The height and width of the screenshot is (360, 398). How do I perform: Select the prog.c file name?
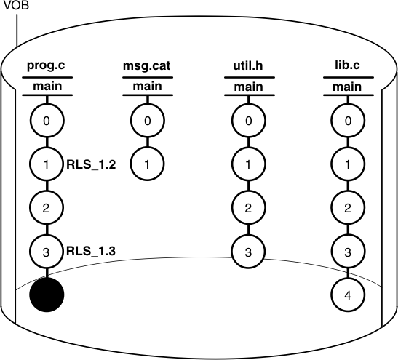(46, 68)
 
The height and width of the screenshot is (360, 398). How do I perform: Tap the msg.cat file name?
(147, 68)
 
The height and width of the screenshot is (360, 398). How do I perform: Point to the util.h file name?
(248, 68)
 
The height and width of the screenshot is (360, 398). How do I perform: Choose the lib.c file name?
(349, 68)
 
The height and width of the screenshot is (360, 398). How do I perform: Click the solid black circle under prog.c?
(47, 295)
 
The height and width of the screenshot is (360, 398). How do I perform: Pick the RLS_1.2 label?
(91, 164)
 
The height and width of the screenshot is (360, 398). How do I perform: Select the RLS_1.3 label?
(91, 252)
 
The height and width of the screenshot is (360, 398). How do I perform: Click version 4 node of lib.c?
(349, 295)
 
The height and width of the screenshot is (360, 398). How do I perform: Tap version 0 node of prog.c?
(47, 121)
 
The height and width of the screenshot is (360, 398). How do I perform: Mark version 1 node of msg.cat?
(147, 164)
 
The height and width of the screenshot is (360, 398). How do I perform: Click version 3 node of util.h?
(248, 252)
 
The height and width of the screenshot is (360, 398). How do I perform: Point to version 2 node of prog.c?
(47, 208)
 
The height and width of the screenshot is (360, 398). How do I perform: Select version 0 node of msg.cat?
(147, 121)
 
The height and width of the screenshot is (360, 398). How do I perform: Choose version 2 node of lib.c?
(349, 208)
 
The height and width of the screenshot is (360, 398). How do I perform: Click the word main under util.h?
(248, 88)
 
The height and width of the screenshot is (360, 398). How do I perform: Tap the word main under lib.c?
(349, 88)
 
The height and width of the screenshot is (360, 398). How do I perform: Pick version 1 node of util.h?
(248, 164)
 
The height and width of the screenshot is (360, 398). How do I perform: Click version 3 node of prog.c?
(47, 252)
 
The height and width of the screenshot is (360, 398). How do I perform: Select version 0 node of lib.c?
(349, 121)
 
